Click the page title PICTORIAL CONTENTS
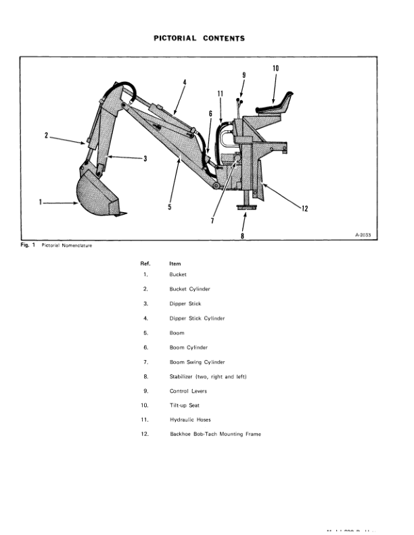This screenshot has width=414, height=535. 199,39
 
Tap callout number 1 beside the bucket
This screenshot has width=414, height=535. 41,201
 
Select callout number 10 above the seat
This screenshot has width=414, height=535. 276,68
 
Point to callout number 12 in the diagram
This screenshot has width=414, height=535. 305,209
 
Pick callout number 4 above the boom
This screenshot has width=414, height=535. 184,82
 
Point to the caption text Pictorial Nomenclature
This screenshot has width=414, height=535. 66,245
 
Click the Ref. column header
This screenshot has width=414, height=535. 145,263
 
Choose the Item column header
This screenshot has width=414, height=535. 175,263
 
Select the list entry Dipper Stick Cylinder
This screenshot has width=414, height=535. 197,318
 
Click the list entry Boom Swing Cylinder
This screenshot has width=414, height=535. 197,362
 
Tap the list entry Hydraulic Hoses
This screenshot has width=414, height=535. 191,419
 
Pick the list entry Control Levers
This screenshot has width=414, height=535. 188,390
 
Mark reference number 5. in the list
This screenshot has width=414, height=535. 145,333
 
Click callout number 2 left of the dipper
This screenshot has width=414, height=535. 47,135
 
